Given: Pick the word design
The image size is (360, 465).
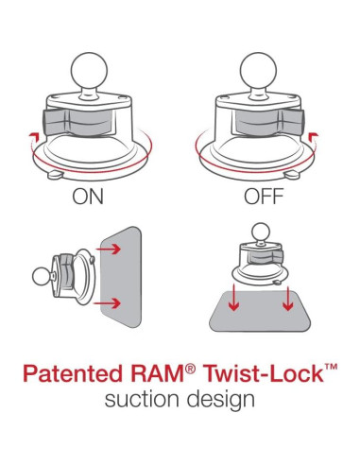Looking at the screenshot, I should pos(220,401).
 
